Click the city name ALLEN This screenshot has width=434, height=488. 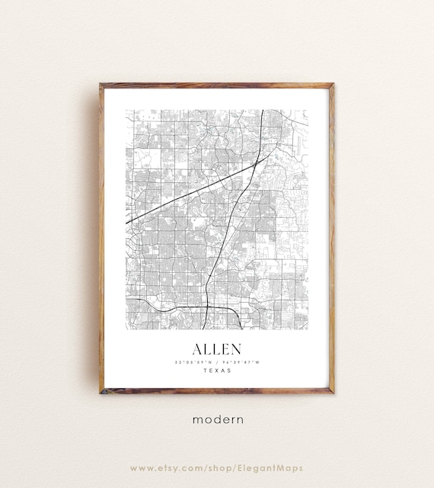[x=216, y=349]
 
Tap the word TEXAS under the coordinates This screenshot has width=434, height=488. [x=216, y=371]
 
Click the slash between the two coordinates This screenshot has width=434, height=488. [x=216, y=362]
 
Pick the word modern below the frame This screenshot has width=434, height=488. [x=217, y=419]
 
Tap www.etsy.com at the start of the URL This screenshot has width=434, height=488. [x=162, y=467]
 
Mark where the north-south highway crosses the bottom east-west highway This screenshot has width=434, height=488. [x=207, y=307]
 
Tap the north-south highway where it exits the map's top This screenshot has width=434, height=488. [x=263, y=111]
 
